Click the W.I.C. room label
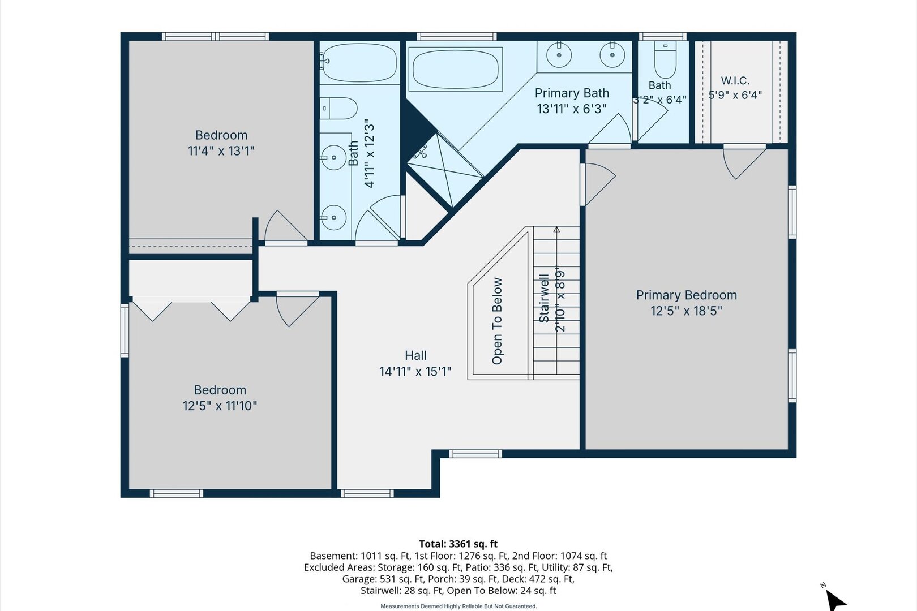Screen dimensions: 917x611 (735, 80)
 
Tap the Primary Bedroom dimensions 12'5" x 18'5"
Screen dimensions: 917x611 (686, 311)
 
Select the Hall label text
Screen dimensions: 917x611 (415, 355)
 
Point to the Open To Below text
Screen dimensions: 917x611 (496, 321)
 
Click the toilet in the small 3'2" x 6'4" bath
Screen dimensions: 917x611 (665, 59)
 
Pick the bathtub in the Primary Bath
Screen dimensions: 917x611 (455, 69)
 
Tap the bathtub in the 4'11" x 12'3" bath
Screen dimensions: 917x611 (359, 63)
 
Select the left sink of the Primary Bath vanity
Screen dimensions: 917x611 (559, 55)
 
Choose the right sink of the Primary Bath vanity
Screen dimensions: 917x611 (612, 55)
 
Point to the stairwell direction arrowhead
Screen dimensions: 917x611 (556, 230)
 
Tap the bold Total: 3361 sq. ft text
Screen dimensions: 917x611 (458, 544)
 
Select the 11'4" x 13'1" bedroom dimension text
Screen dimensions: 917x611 (221, 151)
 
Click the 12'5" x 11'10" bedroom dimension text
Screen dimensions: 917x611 (220, 406)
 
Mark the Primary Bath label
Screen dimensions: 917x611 (572, 93)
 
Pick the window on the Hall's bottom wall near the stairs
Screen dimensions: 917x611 (475, 454)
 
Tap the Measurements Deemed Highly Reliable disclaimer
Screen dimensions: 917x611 (459, 606)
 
